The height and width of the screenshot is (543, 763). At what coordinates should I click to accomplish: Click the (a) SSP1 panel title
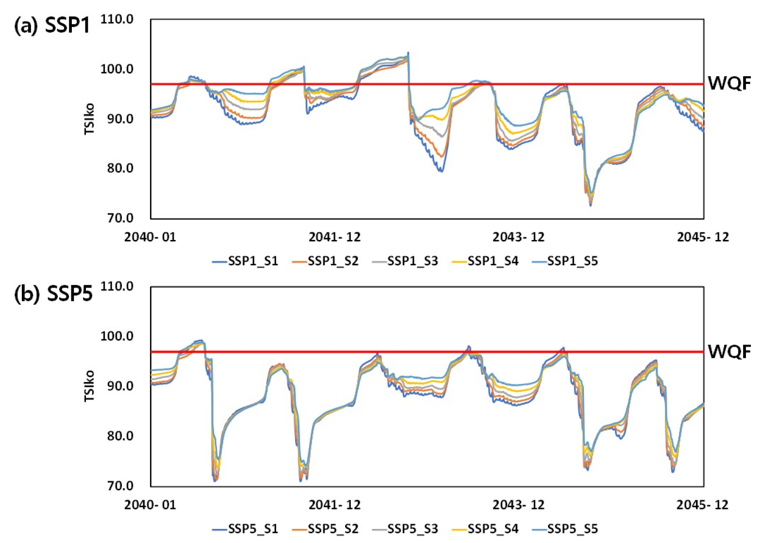[52, 25]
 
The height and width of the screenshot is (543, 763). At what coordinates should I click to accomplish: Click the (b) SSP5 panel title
[53, 293]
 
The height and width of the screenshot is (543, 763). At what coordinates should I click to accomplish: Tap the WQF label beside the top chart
[729, 83]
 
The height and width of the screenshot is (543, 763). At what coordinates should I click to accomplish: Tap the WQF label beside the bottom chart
[729, 351]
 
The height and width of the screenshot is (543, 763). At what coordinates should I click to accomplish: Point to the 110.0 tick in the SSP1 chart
[116, 19]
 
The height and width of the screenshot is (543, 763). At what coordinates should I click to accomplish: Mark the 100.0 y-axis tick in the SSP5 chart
[116, 336]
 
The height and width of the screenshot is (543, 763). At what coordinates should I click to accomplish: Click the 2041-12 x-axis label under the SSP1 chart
[334, 237]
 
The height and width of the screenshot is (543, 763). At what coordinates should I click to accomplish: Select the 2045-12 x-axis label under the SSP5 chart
[702, 505]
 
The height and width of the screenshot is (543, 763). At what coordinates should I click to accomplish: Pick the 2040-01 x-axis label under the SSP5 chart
[150, 505]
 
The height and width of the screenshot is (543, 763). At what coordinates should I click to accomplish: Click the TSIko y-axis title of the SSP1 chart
[89, 119]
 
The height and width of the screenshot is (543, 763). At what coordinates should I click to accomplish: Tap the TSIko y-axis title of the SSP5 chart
[89, 386]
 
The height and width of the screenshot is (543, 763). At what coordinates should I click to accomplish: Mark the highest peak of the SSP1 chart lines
[408, 52]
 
